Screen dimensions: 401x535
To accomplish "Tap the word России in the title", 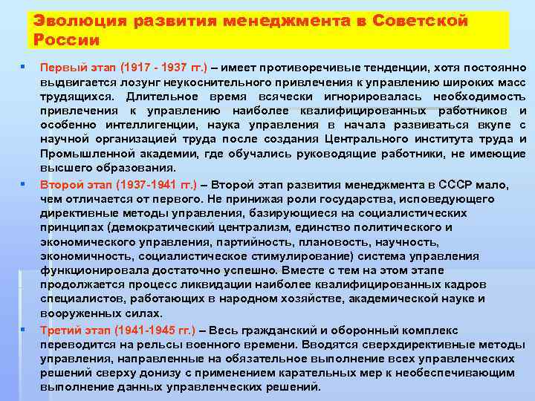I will click(66, 39).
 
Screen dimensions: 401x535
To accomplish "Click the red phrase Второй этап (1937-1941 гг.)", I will click(119, 185).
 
